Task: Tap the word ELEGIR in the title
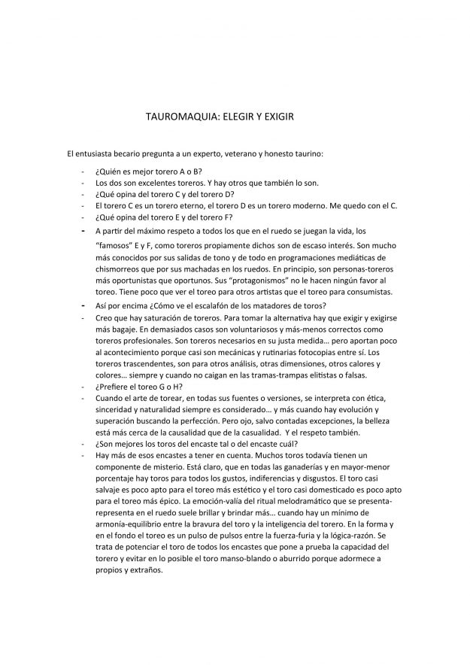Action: (236, 119)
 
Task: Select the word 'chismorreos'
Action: (123, 268)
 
